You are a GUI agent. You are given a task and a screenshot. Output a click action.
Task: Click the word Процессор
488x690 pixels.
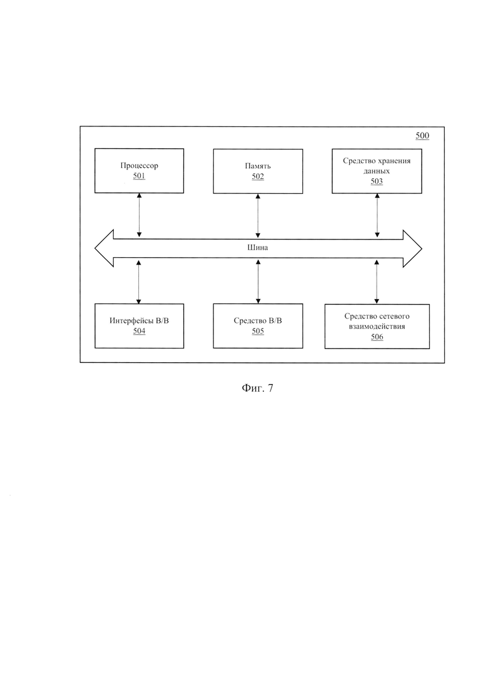pos(139,166)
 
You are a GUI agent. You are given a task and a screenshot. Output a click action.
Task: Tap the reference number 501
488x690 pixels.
pos(139,176)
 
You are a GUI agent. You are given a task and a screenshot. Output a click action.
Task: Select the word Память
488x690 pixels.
pos(258,166)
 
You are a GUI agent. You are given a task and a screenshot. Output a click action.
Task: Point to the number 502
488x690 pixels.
pos(258,176)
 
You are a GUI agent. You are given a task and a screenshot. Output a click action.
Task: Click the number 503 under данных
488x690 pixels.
pos(377,181)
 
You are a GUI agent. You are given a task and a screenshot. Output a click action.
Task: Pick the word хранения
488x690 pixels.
pos(394,161)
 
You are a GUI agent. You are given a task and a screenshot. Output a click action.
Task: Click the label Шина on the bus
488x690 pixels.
pos(258,247)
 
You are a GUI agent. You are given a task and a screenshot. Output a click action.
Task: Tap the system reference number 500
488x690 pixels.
pos(422,136)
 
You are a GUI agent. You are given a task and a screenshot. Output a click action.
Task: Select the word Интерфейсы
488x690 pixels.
pos(131,321)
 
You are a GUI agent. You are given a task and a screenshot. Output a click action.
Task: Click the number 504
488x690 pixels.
pos(139,331)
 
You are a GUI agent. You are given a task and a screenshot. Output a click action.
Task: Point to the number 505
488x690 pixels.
pos(258,331)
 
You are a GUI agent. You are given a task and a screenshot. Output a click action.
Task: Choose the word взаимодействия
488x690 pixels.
pos(377,327)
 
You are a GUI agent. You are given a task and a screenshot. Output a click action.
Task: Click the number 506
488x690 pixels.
pos(377,337)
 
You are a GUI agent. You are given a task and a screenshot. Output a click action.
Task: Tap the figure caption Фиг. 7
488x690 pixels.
pos(257,388)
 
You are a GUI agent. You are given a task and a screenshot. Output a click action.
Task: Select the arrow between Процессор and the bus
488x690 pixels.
pos(139,215)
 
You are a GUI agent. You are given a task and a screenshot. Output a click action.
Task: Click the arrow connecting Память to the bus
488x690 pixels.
pos(258,216)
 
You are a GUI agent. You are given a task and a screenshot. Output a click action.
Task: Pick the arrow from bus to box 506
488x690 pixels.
pos(376,282)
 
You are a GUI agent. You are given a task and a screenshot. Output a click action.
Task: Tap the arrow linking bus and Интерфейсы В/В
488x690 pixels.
pos(139,282)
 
